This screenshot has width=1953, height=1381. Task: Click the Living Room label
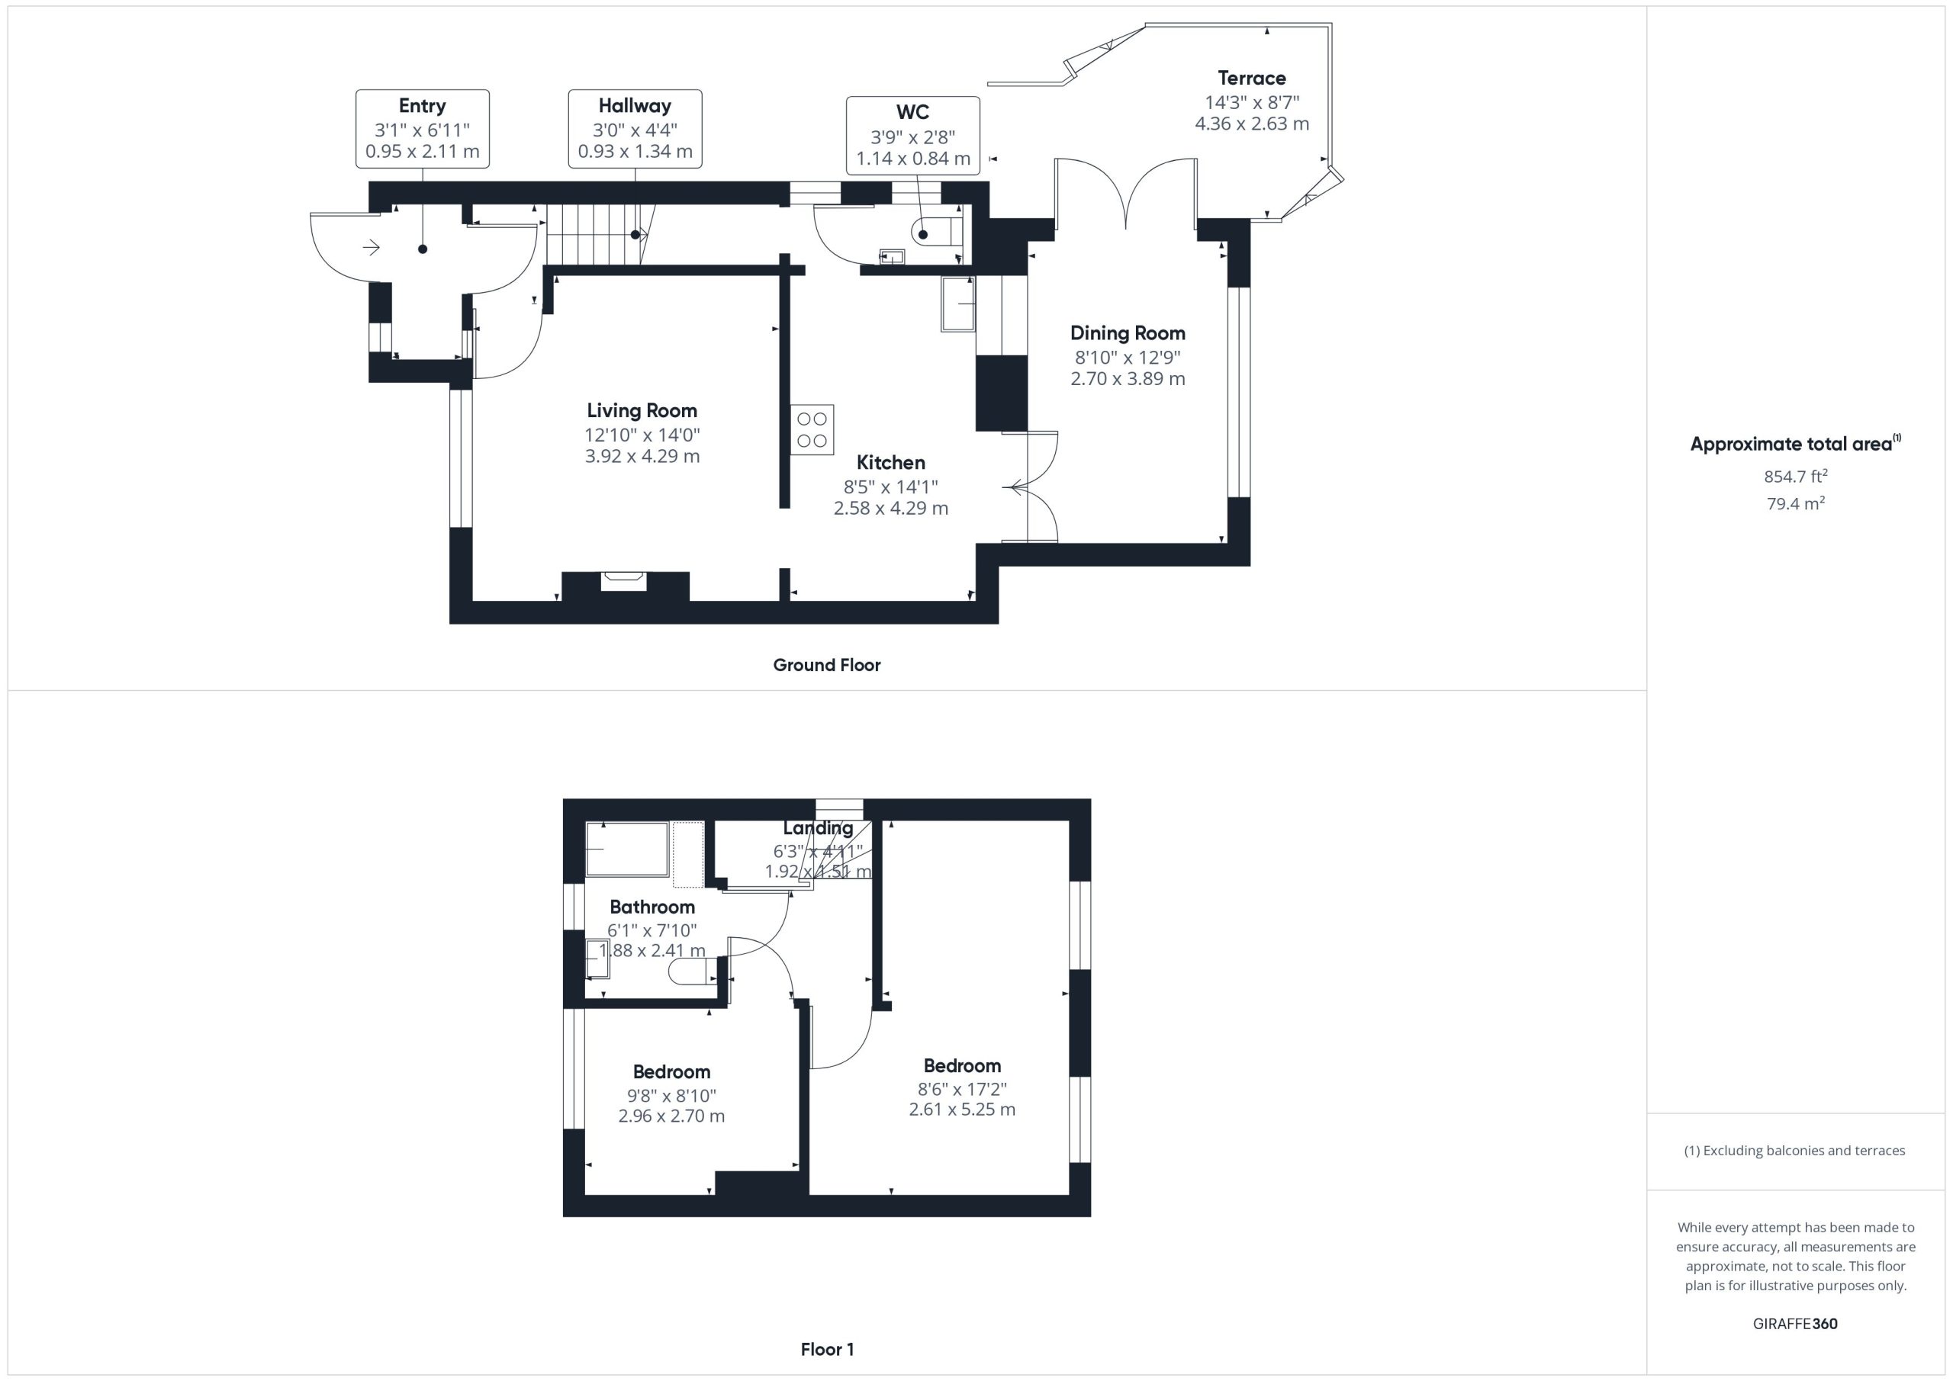coord(642,411)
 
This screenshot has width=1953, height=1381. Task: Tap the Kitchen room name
coord(890,463)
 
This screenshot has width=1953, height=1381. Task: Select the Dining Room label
coord(1127,333)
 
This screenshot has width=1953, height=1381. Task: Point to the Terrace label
coord(1251,79)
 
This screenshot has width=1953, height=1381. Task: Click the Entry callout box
coord(422,128)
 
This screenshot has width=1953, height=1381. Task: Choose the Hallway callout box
coord(635,128)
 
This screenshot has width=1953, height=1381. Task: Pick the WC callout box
coord(912,135)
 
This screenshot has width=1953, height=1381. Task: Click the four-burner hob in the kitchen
coord(812,429)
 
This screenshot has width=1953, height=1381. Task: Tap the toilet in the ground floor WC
coord(937,231)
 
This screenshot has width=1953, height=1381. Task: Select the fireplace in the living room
coord(624,581)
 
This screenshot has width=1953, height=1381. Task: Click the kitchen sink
coord(957,303)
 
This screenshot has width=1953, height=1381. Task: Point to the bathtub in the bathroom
coord(628,848)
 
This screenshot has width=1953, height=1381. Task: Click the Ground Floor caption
coord(826,665)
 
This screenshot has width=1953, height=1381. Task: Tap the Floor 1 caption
coord(827,1350)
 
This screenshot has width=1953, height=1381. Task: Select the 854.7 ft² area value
coord(1795,476)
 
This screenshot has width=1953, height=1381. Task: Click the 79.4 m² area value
coord(1795,503)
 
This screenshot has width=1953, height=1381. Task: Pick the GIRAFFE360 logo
coord(1795,1323)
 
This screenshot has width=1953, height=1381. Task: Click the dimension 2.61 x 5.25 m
coord(962,1109)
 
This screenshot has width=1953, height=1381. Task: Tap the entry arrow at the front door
coord(371,248)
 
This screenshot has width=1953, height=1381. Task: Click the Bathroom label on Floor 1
coord(652,907)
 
